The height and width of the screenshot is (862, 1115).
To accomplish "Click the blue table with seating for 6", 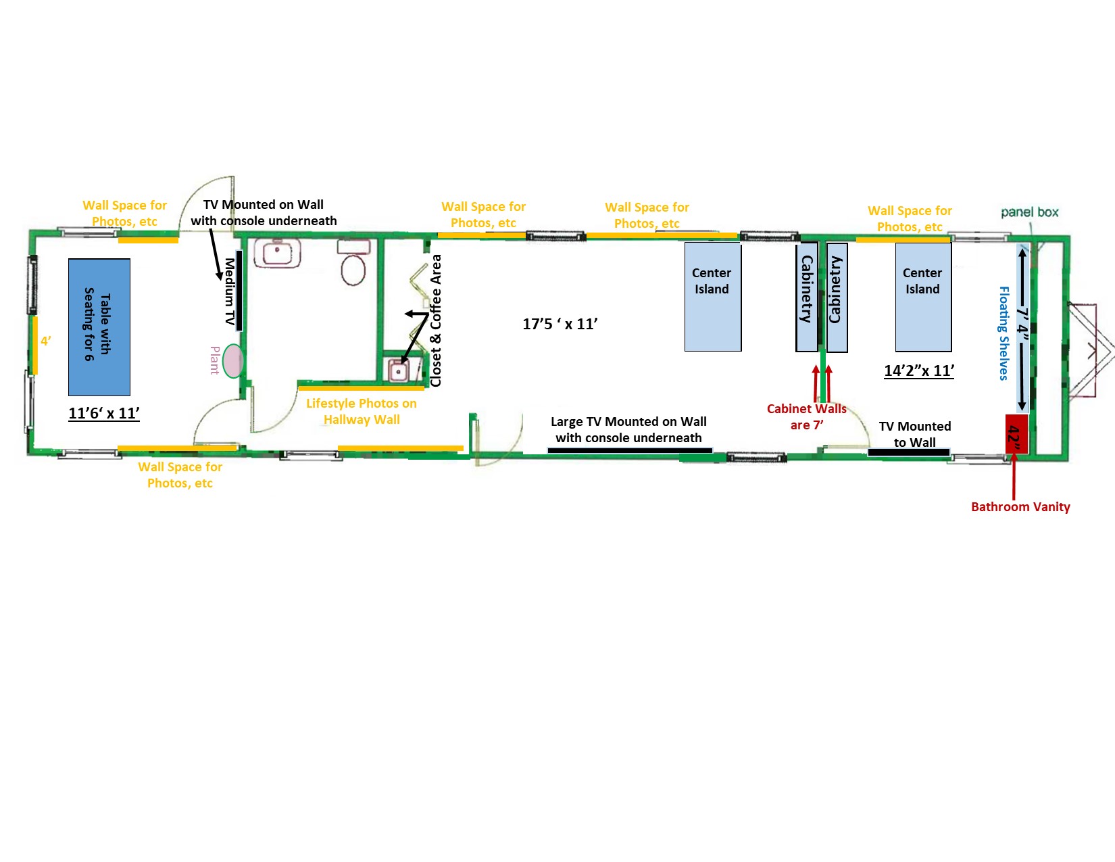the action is pos(99,327).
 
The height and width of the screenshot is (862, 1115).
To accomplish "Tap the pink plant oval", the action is pos(233,361).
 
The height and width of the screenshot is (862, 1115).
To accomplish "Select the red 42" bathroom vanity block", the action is pos(1016,434).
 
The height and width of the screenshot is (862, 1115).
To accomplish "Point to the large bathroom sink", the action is pos(277,253).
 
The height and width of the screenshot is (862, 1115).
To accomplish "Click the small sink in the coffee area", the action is pos(398,370).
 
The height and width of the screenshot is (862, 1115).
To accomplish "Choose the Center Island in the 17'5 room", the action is pos(713,297).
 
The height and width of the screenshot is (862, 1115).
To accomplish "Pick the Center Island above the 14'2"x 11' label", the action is pos(924,297).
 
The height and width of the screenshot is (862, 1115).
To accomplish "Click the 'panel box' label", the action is pos(1029,212).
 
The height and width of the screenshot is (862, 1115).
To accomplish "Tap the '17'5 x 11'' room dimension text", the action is pos(560,324).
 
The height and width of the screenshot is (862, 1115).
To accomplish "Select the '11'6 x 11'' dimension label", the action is pos(104,413).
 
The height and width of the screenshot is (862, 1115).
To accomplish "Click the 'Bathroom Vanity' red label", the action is pos(1020,507).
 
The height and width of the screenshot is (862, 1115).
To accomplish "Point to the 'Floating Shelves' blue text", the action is pos(1003,333).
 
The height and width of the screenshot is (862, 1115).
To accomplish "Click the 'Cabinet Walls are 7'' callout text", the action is pos(807,417).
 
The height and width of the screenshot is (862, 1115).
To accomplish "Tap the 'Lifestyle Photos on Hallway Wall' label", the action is pos(362,411).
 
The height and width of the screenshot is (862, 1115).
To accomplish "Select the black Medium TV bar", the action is pos(239,290).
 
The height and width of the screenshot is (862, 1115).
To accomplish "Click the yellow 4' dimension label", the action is pos(46,341).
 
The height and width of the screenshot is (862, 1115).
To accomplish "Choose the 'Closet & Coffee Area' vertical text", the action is pos(436,320).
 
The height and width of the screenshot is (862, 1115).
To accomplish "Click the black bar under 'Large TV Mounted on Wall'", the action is pos(630,450).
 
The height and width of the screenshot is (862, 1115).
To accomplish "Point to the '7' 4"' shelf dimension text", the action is pos(1022,327).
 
